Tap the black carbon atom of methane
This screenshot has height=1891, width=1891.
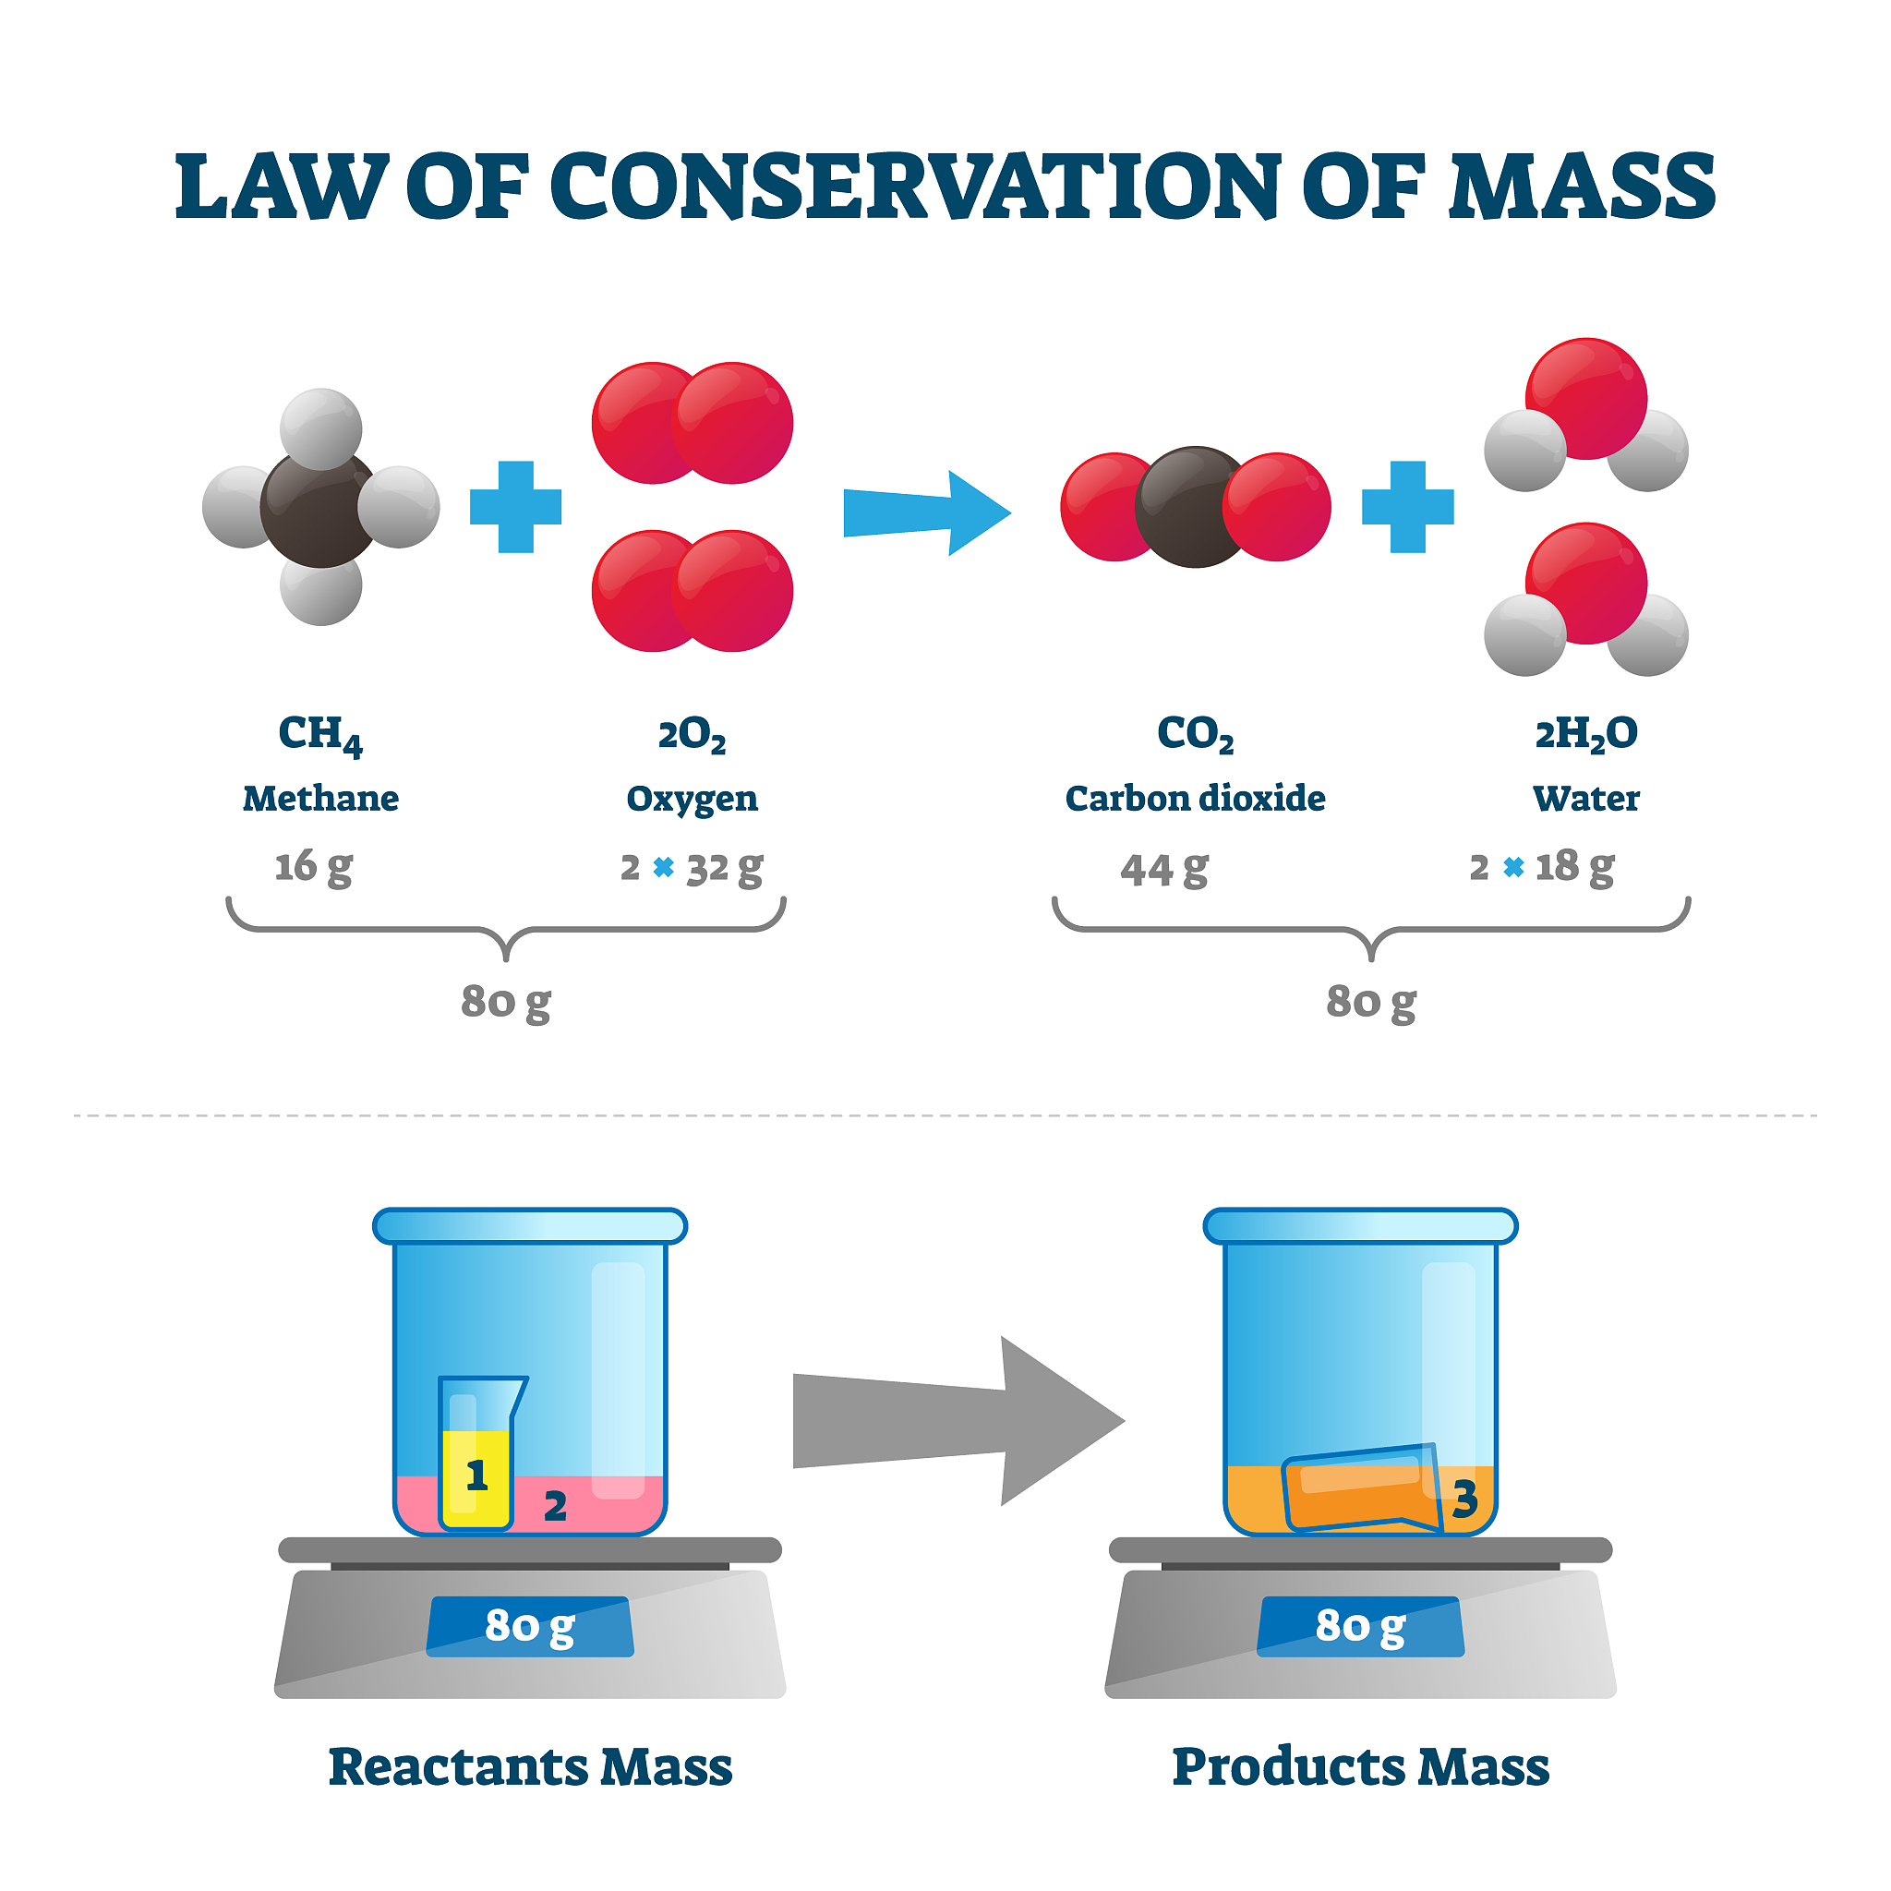tap(319, 509)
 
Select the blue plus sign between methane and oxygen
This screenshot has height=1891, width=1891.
tap(516, 507)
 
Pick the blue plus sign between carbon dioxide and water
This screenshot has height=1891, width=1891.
tap(1406, 507)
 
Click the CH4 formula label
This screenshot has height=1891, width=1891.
tap(320, 734)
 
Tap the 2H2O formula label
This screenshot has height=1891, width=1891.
tap(1584, 734)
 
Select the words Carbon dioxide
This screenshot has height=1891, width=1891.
tap(1194, 799)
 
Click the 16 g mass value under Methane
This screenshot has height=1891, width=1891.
tap(313, 866)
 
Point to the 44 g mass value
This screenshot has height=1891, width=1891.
tap(1163, 868)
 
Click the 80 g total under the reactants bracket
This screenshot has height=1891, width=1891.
tap(505, 1001)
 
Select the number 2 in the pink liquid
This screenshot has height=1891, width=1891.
tap(555, 1506)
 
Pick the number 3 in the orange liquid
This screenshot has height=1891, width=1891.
tap(1464, 1499)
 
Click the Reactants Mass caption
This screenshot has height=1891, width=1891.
tap(529, 1767)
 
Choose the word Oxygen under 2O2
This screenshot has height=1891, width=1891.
tap(691, 799)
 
